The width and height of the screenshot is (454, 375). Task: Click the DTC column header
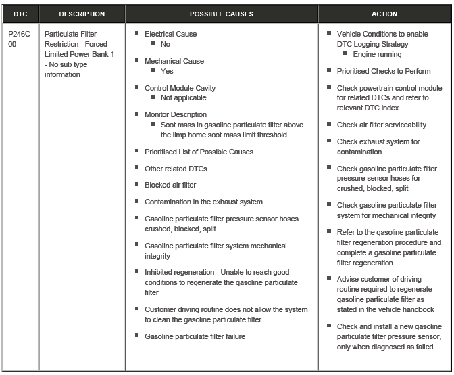[20, 14]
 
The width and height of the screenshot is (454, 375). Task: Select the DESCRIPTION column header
[82, 14]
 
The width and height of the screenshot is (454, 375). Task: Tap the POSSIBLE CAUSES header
[222, 14]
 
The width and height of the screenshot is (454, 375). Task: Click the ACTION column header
[384, 14]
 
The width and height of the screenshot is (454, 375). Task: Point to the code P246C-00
[20, 39]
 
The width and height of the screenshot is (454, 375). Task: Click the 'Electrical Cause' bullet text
[170, 34]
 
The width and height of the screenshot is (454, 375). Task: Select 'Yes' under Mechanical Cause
[167, 71]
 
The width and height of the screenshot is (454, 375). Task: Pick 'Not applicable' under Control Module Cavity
[183, 97]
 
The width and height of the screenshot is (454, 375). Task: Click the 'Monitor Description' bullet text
[176, 114]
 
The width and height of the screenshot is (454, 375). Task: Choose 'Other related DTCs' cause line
[176, 169]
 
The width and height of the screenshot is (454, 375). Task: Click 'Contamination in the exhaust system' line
[203, 202]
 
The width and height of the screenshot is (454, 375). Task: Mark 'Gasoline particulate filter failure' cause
[195, 336]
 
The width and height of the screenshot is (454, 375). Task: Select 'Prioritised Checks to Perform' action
[383, 71]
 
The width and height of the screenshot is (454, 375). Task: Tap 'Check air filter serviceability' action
[382, 125]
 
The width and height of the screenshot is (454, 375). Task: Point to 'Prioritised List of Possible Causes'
[199, 152]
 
